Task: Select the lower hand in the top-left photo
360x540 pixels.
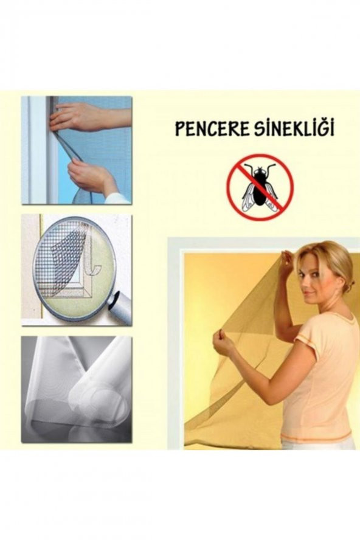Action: click(91, 176)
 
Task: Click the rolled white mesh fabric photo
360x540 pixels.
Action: click(76, 389)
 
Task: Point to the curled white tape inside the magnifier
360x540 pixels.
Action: click(91, 268)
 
